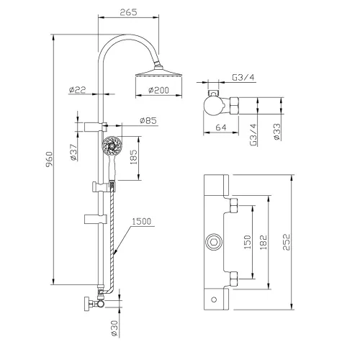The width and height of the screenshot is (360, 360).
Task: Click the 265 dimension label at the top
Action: coord(128,12)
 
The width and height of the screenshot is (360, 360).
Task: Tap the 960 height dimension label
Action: coord(49,159)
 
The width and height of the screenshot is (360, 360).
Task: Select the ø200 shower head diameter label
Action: coord(158,90)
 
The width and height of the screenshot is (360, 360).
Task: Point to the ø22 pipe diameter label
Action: coord(77,90)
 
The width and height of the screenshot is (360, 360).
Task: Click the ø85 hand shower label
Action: coord(148,120)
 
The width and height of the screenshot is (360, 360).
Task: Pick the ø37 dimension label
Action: coord(73,152)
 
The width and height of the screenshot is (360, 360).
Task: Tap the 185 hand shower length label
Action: coord(133,157)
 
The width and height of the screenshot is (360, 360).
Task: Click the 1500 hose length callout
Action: coord(142,221)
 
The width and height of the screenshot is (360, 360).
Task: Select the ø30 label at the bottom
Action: coord(114,328)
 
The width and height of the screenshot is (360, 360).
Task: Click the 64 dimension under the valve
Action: coord(221,127)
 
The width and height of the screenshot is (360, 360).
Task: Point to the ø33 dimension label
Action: coord(276,132)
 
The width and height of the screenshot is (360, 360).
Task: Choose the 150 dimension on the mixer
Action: coord(248,242)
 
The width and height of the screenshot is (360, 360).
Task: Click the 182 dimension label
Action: coord(264,242)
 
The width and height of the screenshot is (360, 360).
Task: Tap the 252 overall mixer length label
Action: coord(286,242)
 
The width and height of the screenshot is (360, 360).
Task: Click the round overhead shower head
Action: coord(158,73)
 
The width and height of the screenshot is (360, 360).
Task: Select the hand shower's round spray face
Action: coord(112,145)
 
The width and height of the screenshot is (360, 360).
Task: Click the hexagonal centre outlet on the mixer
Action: coord(213,242)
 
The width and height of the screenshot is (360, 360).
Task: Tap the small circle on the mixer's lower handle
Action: coord(214,300)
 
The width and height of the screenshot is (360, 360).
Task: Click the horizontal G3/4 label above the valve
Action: coord(243,78)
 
